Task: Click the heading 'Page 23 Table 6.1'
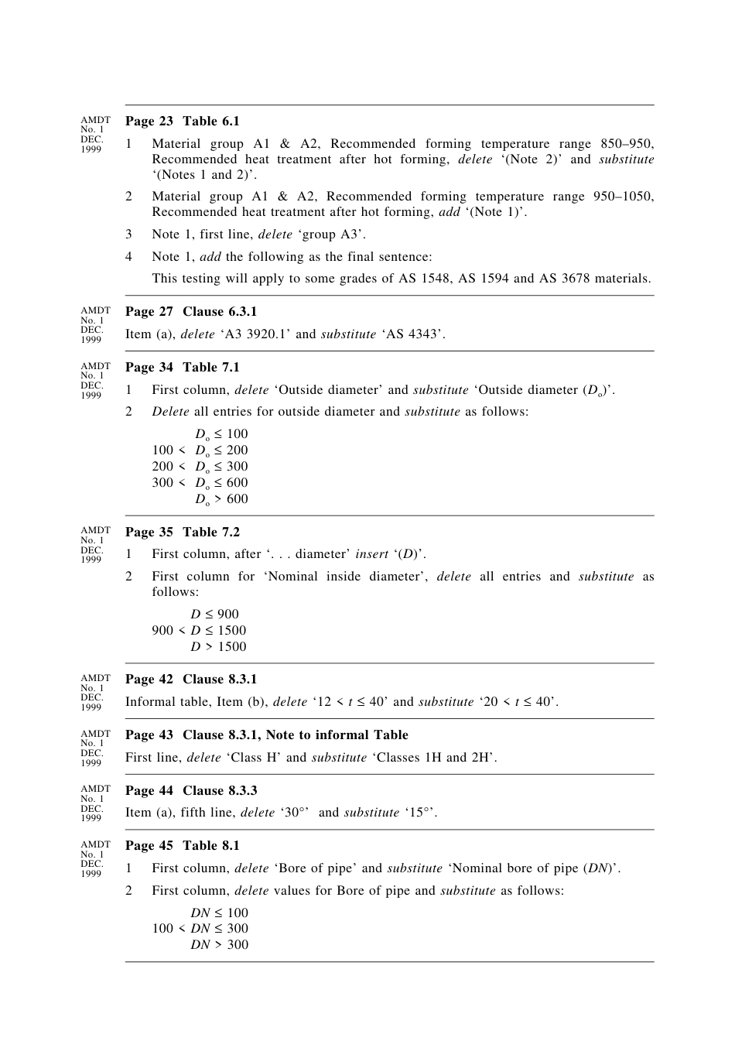183,122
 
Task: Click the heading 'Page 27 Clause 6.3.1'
191,312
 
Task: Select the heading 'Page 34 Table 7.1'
183,368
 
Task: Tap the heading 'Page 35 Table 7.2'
183,532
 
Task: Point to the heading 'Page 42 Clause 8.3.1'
191,680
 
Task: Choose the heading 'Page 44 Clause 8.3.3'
191,791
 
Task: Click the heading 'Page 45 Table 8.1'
183,846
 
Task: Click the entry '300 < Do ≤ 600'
200,483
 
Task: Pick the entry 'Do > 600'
221,499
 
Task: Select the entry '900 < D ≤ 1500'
199,631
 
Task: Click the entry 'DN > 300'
220,945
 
